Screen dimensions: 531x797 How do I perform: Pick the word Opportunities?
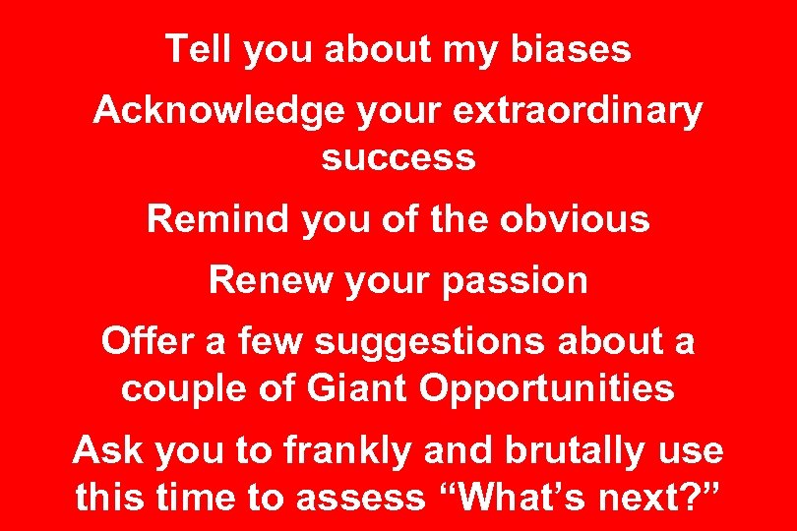(547, 388)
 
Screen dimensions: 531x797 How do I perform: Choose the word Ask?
(106, 450)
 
